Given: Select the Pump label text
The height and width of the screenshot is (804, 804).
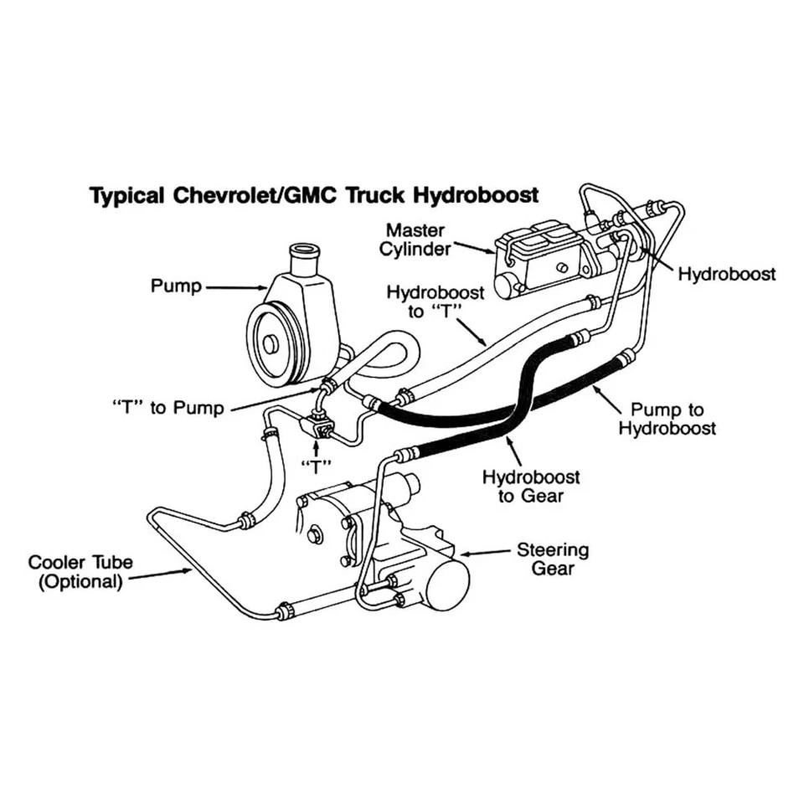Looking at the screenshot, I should (x=176, y=286).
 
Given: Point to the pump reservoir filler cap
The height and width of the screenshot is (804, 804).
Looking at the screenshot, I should (x=304, y=253).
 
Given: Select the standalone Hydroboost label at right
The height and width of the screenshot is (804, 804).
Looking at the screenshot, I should (x=726, y=274).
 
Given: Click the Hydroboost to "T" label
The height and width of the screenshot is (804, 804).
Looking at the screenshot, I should (x=425, y=302).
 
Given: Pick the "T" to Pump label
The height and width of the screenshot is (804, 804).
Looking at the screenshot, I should (x=168, y=409).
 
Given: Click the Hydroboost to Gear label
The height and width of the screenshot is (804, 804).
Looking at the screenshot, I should (x=531, y=487).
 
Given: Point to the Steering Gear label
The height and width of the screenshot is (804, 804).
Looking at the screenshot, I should (x=552, y=559).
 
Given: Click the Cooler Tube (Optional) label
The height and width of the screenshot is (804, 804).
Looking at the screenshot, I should (x=80, y=571).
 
